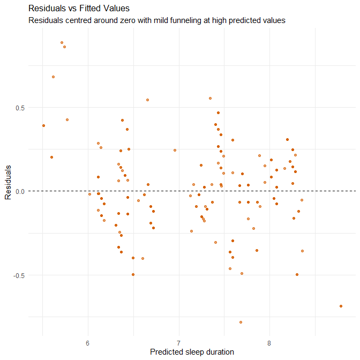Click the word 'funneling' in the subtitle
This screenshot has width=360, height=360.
pos(168,21)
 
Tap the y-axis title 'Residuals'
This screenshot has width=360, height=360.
pos(9,182)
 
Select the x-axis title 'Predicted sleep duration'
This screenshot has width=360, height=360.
pos(192,352)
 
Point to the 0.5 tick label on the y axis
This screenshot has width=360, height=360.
pos(20,107)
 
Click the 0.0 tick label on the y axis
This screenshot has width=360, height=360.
pos(20,191)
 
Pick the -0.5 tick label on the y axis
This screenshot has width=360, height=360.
pos(19,275)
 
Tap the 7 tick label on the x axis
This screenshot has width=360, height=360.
pos(178,342)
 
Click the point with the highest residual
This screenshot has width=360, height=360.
pos(62,42)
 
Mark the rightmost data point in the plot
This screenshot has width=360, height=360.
pos(341,306)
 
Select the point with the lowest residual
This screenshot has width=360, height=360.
pos(241,322)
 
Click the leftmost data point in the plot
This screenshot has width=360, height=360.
pos(43,125)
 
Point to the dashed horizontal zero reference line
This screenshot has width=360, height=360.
pos(161,191)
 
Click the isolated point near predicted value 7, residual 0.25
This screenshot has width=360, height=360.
pos(175,150)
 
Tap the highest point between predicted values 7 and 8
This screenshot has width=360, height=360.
pos(210,98)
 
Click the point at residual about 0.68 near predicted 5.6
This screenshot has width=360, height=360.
pos(53,77)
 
